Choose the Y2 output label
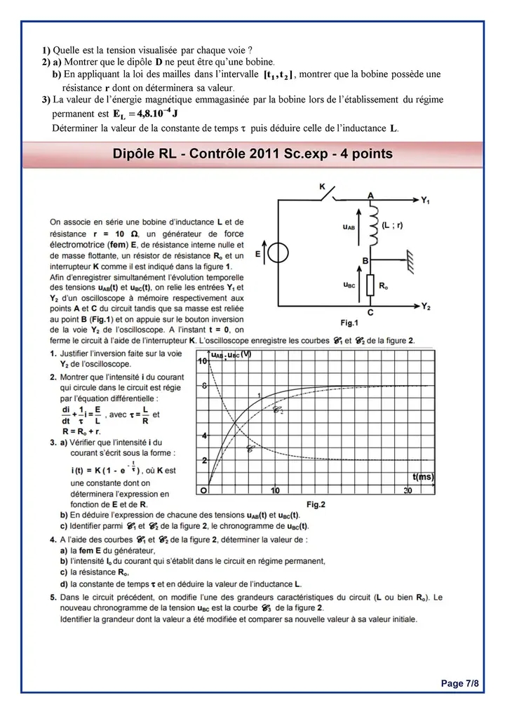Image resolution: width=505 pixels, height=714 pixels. (426, 307)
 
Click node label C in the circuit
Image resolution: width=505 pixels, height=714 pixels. (370, 314)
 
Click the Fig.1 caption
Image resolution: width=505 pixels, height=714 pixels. (349, 323)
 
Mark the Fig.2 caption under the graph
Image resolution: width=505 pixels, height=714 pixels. (316, 504)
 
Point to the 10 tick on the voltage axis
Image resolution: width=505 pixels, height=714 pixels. (201, 361)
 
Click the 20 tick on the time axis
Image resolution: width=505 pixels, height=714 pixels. (408, 490)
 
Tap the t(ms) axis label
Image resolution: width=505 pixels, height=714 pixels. (423, 477)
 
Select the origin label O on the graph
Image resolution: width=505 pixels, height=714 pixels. (203, 490)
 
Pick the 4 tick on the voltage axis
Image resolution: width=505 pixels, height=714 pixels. (203, 436)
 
